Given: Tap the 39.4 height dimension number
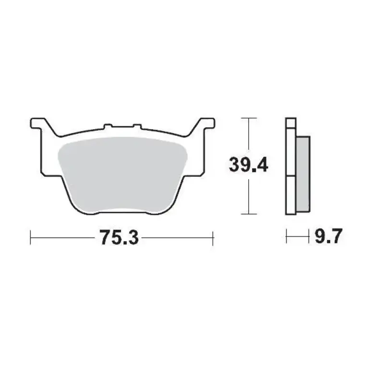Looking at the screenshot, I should [x=248, y=166].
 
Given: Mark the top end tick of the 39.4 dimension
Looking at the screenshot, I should [x=248, y=118].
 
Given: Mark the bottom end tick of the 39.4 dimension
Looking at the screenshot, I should [x=248, y=214].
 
